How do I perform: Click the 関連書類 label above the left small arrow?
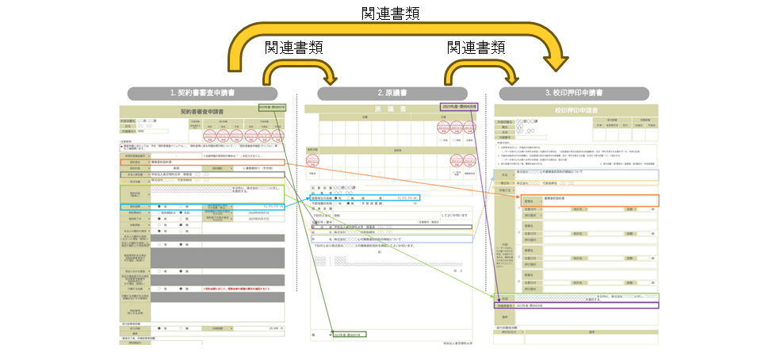[x=293, y=48]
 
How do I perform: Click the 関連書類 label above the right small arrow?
[x=476, y=48]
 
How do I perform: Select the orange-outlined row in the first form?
[x=201, y=161]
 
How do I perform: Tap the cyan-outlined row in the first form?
[x=201, y=206]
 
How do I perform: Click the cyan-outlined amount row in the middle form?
[x=365, y=197]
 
